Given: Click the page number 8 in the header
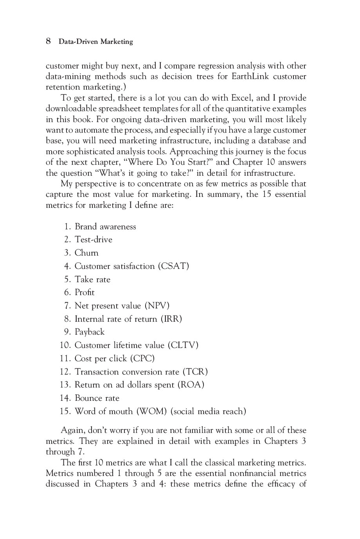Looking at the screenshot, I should point(49,41).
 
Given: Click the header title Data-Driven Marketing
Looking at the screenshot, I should point(95,41).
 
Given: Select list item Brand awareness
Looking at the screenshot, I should point(105,227).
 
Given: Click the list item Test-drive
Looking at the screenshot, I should point(93,240).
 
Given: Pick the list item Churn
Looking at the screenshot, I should point(86,253).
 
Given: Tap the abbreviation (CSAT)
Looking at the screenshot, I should point(173,266).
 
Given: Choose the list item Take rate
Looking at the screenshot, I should point(92,279).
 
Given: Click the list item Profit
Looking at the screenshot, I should point(85,292).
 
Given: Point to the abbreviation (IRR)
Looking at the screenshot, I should point(171,319).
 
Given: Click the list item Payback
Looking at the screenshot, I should point(90,332).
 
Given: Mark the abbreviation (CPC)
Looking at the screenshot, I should point(142,359).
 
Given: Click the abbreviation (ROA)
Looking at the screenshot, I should point(191,385).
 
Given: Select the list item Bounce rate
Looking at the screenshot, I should point(97,398).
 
